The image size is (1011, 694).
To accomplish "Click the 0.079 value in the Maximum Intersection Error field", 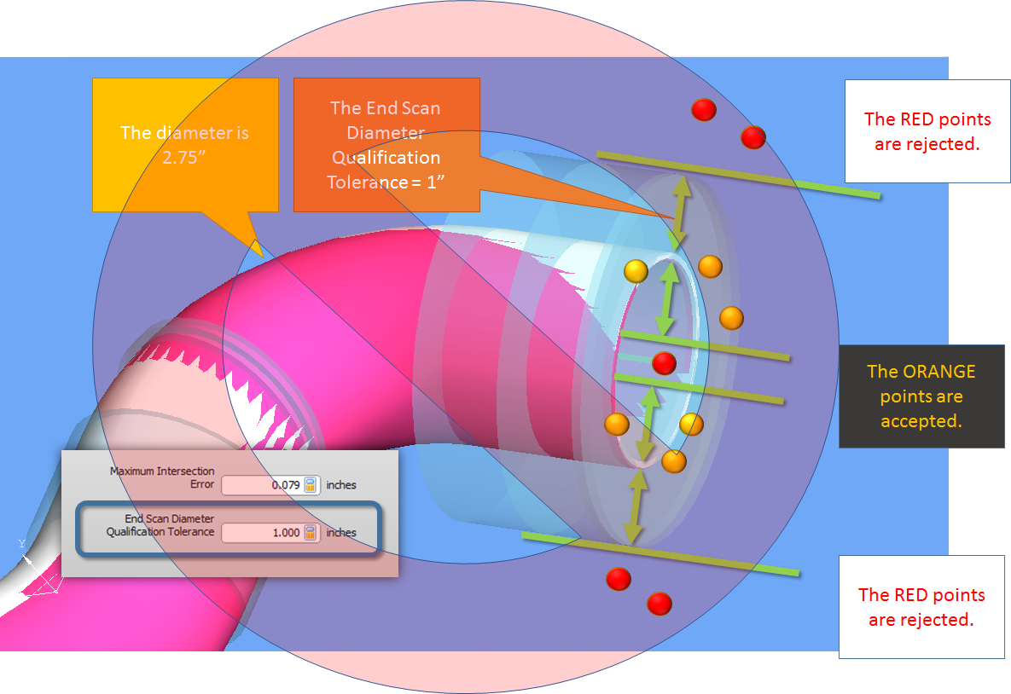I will pos(285,485).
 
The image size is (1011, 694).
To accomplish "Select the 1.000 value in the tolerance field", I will pos(286,533).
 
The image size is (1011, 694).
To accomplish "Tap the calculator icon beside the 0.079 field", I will pos(311,485).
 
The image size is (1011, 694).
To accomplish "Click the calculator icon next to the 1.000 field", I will pos(311,533).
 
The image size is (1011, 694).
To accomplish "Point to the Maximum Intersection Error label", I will pos(162,477).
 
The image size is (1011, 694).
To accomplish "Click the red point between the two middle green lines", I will pos(664,363).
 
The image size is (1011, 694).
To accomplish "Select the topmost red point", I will pos(703,109).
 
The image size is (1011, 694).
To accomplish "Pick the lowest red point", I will pos(659,604).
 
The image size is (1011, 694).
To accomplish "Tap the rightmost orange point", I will pos(731,318).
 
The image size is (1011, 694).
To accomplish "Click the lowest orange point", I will pos(673,462).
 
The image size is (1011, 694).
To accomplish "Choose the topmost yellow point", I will pos(636,271).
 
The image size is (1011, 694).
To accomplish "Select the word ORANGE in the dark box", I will pos(921,372).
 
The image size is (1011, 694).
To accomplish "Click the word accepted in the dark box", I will pos(921,421).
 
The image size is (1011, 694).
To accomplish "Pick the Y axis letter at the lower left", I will pos(22,543).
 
